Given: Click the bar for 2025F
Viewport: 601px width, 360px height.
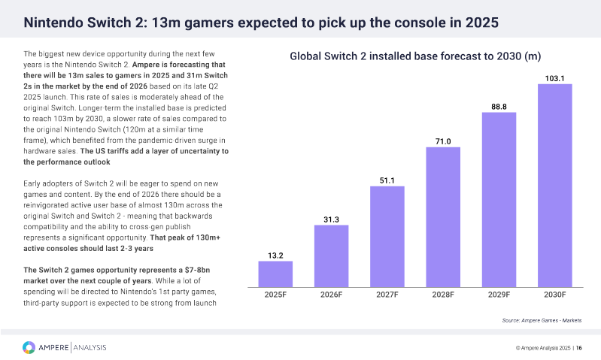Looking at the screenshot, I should click(275, 274).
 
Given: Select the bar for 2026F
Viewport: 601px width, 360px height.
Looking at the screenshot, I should click(331, 256).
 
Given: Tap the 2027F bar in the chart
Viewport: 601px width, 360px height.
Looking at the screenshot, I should click(387, 236).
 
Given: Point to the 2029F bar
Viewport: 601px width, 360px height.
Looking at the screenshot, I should click(499, 199).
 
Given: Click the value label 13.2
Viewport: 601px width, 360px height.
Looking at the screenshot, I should click(275, 255).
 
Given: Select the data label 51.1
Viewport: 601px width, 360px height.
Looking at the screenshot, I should click(387, 180).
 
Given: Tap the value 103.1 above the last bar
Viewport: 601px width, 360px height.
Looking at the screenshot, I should click(554, 78).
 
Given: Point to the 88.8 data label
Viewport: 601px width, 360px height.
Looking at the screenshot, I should click(499, 107).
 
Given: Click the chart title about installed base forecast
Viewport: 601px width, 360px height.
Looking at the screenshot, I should click(416, 56).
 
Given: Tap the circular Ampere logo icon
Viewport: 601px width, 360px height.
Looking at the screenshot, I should click(29, 347).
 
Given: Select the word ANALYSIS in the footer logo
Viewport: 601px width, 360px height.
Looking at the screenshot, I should click(90, 347).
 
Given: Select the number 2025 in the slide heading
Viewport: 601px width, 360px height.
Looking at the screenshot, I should click(479, 23).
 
